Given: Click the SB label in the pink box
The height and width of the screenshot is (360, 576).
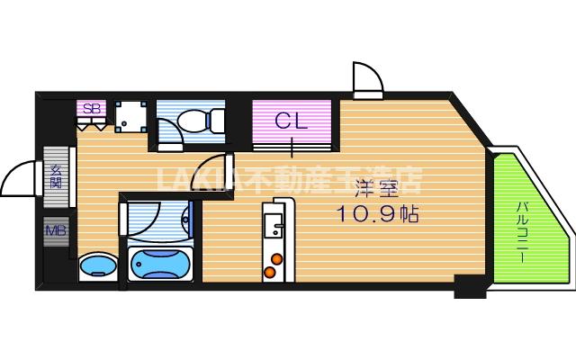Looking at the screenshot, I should click(92, 108).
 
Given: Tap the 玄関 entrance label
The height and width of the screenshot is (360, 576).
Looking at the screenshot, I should click(56, 175).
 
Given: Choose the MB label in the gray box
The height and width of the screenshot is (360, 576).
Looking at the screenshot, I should click(56, 231).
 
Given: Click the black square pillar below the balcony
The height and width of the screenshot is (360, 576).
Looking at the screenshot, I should click(469, 287).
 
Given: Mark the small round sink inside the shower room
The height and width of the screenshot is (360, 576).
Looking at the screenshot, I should click(186, 216).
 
